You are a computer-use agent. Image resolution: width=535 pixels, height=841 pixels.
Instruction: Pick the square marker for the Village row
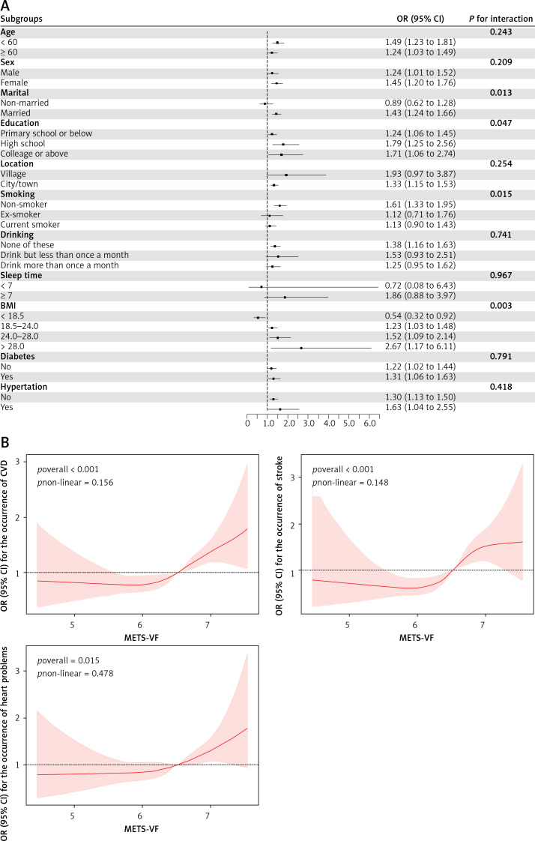click(286, 175)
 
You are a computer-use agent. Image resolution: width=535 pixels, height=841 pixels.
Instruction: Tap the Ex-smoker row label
click(20, 214)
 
